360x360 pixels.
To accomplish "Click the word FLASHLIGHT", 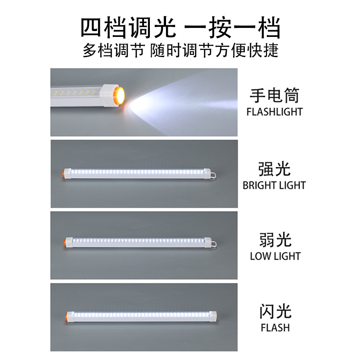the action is click(274, 112).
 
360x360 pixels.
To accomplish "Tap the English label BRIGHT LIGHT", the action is click(274, 185).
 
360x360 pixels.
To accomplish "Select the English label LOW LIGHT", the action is click(275, 256).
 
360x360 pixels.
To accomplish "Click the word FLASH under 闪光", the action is click(275, 327).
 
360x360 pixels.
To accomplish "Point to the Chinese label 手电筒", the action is click(274, 96).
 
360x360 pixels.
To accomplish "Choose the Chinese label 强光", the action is click(274, 169).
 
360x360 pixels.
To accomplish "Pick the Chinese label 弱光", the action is click(275, 240).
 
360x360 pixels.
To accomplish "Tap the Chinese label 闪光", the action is click(275, 311).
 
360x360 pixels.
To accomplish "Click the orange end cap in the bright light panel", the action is click(62, 173).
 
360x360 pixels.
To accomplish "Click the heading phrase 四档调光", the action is click(127, 28).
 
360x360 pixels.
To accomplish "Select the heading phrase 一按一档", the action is click(233, 28).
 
